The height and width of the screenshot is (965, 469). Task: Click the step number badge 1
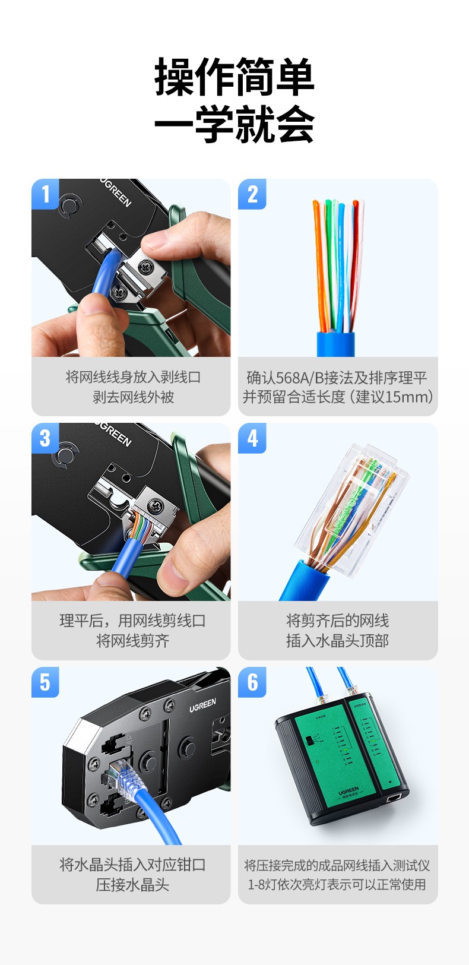[x=45, y=194]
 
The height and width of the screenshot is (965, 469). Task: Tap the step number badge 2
[x=252, y=194]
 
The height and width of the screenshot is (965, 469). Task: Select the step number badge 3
[x=45, y=438]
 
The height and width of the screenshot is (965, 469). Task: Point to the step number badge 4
[x=252, y=438]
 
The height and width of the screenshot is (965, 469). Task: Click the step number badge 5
[x=45, y=682]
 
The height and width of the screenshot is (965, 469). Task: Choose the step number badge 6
[x=252, y=682]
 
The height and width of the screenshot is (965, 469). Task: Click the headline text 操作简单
[x=234, y=78]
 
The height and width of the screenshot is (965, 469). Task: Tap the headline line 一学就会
[x=234, y=125]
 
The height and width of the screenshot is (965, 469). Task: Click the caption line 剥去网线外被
[x=133, y=397]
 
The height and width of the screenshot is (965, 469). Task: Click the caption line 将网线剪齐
[x=133, y=641]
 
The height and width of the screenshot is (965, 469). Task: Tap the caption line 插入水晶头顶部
[x=337, y=641]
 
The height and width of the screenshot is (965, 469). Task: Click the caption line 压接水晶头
[x=133, y=885]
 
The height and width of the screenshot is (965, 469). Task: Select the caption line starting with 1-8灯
[x=337, y=884]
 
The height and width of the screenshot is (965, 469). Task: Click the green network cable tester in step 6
[x=341, y=760]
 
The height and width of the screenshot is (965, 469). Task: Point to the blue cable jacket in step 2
[x=335, y=344]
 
